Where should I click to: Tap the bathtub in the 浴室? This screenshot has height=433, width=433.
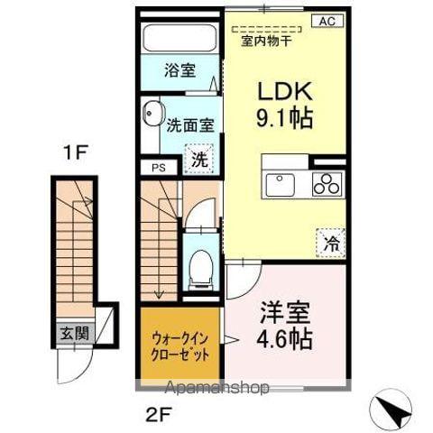(x=180, y=40)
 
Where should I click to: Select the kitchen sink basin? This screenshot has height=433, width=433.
(x=282, y=184)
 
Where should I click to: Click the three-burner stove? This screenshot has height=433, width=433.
(x=327, y=184)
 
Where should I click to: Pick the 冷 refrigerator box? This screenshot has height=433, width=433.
(x=331, y=242)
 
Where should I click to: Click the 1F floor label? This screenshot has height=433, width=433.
(x=75, y=154)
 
